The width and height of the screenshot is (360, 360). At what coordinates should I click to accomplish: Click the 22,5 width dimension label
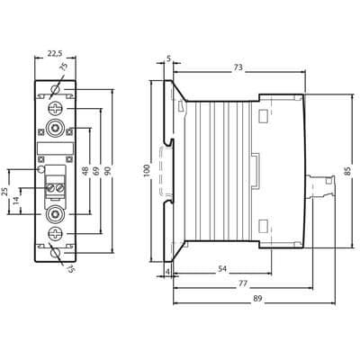55,53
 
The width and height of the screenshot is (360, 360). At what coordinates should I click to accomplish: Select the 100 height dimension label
147,170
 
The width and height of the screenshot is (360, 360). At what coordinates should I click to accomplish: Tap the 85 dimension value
347,171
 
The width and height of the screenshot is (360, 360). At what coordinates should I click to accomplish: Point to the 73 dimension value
238,67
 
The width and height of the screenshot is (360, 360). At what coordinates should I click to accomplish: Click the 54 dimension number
222,269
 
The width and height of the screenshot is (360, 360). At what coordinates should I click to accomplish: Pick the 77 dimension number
243,283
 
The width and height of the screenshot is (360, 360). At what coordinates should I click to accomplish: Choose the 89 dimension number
257,299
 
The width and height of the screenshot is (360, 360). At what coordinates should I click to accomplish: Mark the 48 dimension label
85,171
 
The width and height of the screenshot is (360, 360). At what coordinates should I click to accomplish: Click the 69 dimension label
96,171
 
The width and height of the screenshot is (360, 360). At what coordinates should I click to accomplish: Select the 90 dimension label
108,171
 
